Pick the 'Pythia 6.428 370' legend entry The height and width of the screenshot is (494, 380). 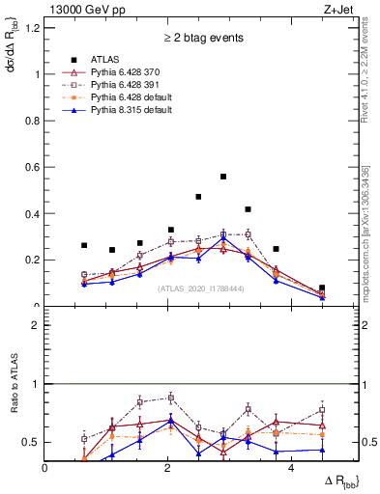[130, 71]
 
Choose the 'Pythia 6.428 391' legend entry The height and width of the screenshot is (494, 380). [130, 85]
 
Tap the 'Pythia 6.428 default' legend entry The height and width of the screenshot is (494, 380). [133, 97]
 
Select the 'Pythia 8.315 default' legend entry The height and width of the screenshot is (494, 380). [133, 111]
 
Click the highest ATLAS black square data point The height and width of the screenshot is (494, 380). [223, 177]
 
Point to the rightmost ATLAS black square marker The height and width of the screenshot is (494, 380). [322, 288]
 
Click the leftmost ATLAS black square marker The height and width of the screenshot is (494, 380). [84, 245]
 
